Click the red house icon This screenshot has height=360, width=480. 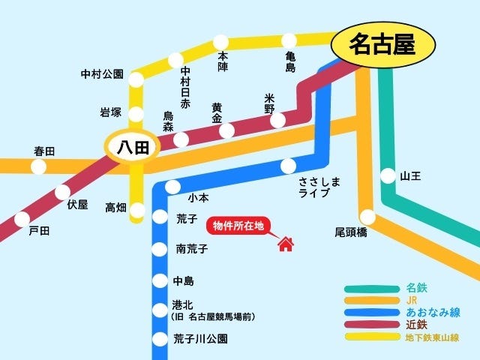point(285,244)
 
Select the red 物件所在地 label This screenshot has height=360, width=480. point(238,226)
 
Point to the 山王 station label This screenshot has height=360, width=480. point(411,176)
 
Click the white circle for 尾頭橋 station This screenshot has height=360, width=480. point(367,217)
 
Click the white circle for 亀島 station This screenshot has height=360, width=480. point(289,40)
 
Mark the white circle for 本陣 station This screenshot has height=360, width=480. point(221,42)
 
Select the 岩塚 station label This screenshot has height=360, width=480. point(110,112)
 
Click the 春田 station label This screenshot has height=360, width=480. point(44,151)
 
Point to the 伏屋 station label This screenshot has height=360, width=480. point(77,204)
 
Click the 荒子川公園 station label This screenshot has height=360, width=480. point(200,338)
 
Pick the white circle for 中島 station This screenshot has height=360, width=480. point(160,281)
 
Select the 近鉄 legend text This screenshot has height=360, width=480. point(416,325)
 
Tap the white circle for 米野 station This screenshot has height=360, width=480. point(277,120)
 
